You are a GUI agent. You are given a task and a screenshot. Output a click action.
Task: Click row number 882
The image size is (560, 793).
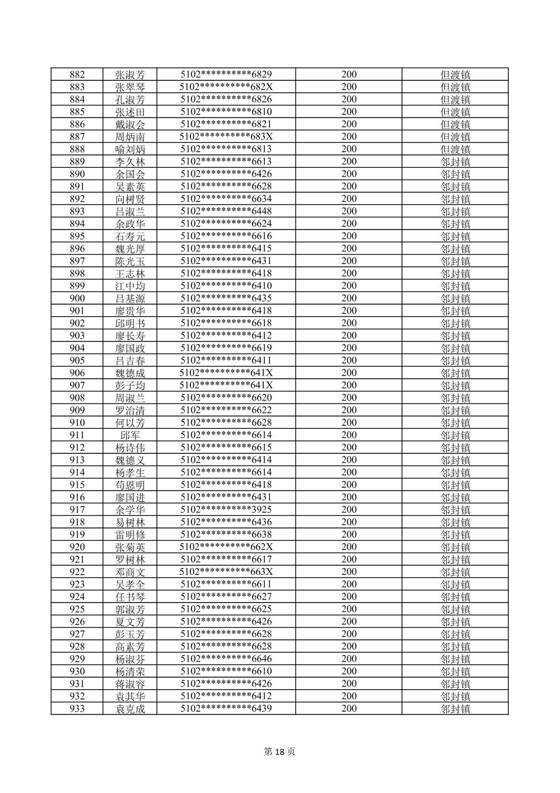point(77,75)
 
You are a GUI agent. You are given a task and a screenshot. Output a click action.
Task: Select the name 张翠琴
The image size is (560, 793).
point(130,87)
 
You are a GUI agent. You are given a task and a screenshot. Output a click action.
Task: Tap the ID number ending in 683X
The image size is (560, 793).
point(226,137)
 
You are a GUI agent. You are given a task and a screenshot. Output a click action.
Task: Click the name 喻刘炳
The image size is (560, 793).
point(130,149)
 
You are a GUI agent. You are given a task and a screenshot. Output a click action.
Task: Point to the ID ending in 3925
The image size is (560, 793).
point(226,510)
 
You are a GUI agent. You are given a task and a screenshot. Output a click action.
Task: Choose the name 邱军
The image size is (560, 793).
point(130,435)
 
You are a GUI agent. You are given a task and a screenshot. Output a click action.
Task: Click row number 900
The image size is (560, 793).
point(77,298)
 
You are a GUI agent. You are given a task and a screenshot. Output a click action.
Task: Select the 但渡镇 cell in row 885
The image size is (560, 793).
point(455,112)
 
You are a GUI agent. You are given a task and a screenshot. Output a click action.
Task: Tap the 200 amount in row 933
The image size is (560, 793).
point(349,708)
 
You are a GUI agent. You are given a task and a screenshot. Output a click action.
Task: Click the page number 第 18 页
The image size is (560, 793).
point(279,752)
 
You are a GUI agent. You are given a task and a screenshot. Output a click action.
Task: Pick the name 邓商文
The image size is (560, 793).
point(130,572)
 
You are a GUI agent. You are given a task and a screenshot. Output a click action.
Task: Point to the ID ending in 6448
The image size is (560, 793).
point(226,211)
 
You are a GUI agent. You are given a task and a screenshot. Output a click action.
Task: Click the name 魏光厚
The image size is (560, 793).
point(130,249)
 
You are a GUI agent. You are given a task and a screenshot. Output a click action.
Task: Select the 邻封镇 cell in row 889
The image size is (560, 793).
point(455,162)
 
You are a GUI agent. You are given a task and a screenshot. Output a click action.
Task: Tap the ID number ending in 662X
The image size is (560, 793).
point(226,547)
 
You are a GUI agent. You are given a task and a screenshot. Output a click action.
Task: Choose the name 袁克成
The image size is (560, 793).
point(130,708)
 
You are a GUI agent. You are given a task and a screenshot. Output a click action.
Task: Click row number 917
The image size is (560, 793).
point(77,510)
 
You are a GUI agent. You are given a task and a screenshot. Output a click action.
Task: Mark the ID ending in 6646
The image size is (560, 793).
point(226,659)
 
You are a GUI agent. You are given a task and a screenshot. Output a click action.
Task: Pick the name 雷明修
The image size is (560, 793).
point(130,535)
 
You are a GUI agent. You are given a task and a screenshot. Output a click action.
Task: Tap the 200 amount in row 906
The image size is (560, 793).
point(349,373)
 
